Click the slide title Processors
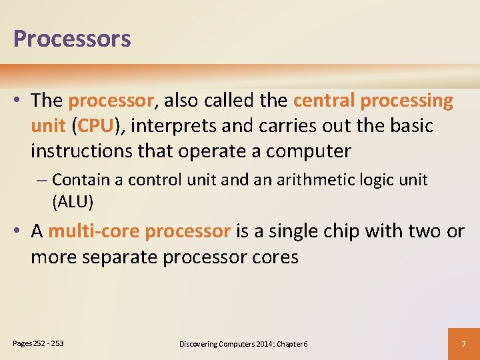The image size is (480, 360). (72, 39)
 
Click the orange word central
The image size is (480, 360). (323, 101)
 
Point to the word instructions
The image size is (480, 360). (81, 151)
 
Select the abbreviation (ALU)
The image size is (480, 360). (73, 201)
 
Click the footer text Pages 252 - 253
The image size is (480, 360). (39, 343)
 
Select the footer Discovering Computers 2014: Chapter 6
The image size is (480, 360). (243, 344)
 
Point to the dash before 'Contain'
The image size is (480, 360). (44, 181)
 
